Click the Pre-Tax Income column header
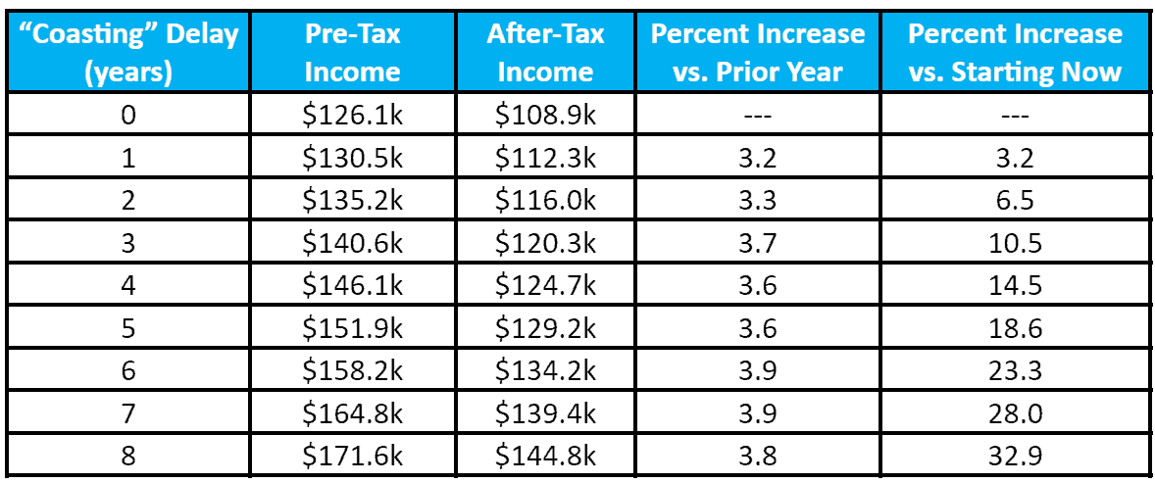(x=352, y=53)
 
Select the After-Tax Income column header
(x=545, y=53)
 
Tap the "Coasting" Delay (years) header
(x=128, y=53)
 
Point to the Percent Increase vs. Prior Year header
(x=758, y=53)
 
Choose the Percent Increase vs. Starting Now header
(x=1015, y=53)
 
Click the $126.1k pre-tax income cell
(x=352, y=116)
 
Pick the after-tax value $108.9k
(x=545, y=116)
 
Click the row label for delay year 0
(x=128, y=116)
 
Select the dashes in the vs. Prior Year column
(x=758, y=116)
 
